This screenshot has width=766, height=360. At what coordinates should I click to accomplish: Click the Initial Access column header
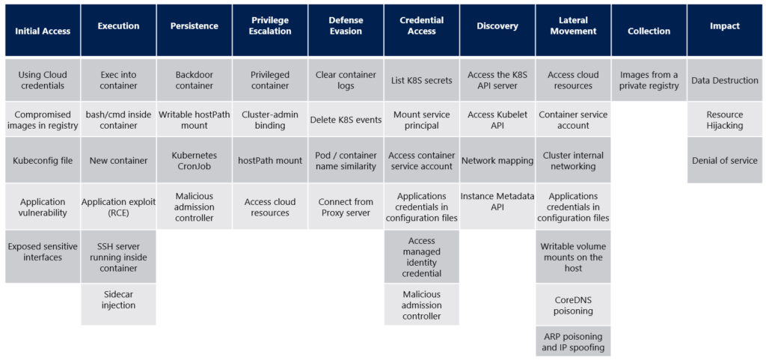[43, 31]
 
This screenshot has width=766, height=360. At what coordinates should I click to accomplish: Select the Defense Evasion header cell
[346, 26]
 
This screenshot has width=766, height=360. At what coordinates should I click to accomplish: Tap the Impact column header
[725, 26]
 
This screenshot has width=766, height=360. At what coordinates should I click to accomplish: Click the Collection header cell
[649, 31]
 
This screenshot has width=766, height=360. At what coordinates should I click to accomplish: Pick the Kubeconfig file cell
[43, 160]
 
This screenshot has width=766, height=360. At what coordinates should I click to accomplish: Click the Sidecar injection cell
[119, 299]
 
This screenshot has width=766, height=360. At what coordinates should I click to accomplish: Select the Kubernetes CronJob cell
[194, 160]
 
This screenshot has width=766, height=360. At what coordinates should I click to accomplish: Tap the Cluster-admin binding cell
[270, 120]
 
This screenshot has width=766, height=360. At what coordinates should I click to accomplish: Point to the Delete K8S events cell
[346, 120]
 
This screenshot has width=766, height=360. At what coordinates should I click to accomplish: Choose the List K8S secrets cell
[421, 80]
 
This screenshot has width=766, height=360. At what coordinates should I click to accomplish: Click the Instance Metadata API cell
[497, 201]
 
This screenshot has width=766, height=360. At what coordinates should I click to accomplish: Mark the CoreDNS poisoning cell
[573, 305]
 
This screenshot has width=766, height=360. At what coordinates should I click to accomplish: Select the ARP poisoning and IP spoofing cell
[573, 341]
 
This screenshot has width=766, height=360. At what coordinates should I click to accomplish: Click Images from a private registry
[649, 80]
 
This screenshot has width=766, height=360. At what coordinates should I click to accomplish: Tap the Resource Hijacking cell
[725, 120]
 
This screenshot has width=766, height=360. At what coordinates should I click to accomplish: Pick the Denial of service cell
[725, 160]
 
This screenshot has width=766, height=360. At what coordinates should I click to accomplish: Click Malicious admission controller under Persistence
[194, 207]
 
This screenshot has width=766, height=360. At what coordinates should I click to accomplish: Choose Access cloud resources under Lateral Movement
[573, 80]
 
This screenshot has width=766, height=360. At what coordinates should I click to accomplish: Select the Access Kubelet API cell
[497, 120]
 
